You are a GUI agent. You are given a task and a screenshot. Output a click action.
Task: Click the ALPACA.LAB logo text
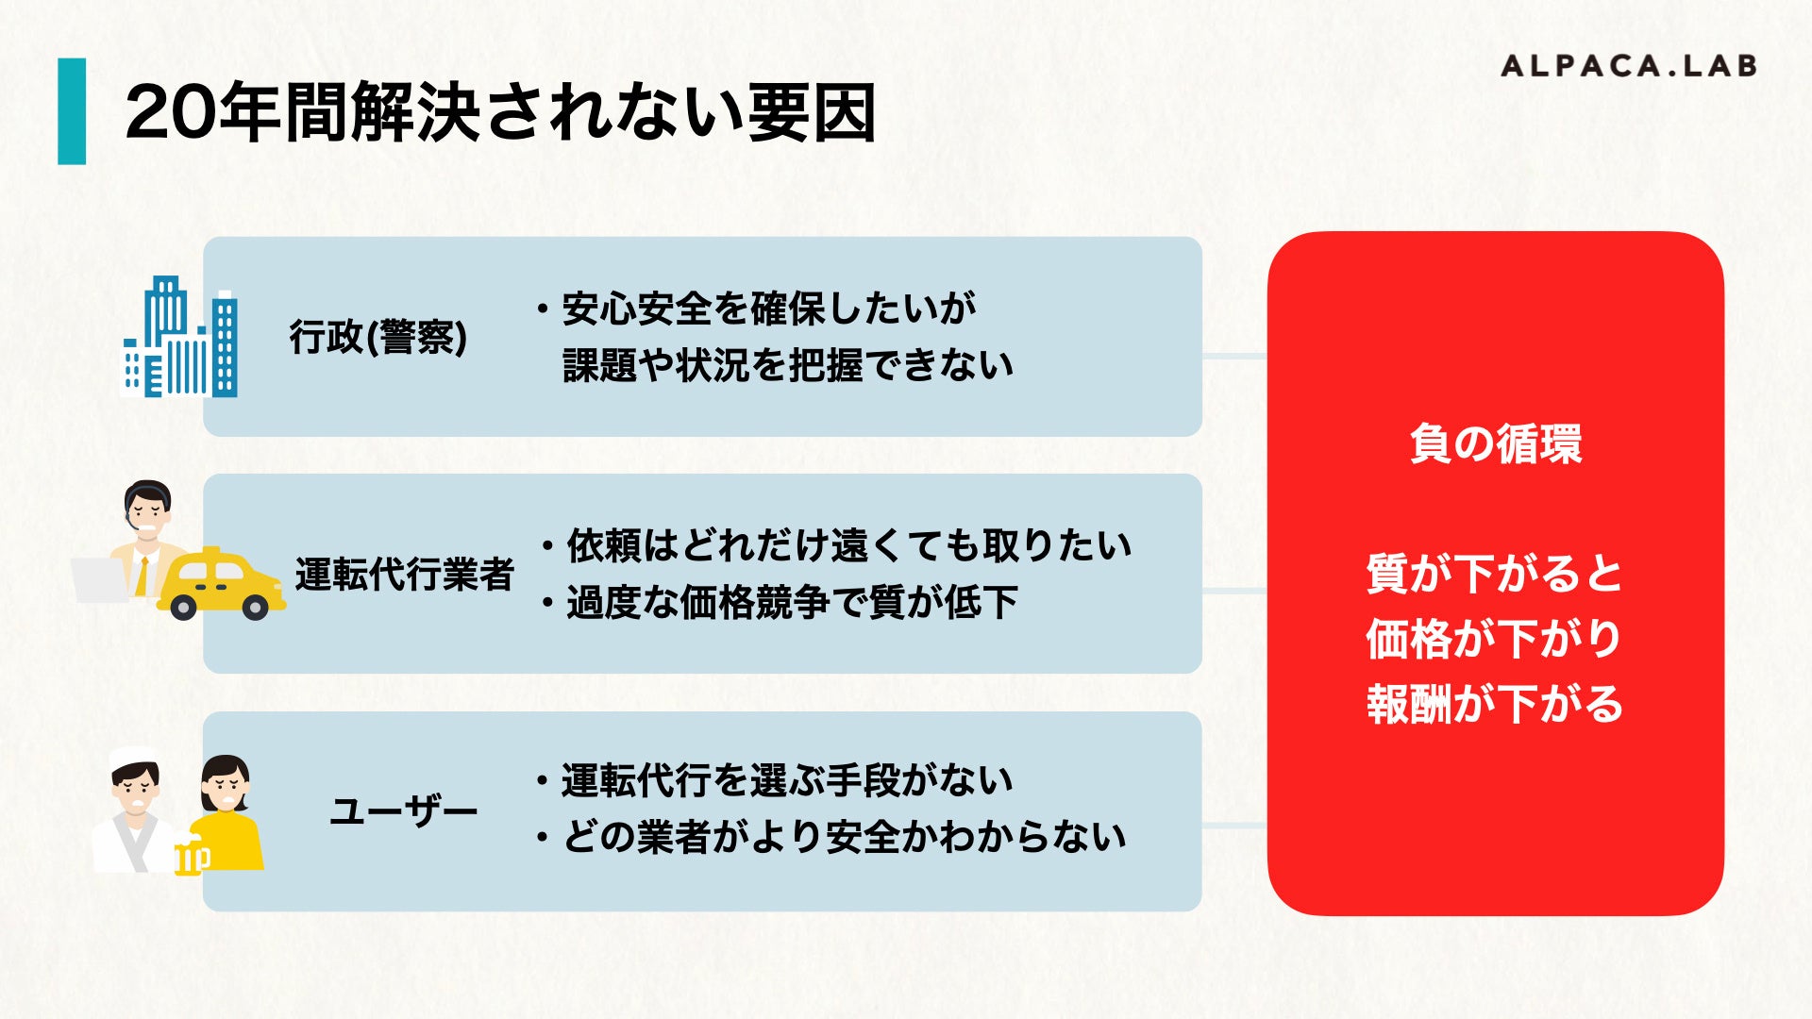pyautogui.click(x=1628, y=66)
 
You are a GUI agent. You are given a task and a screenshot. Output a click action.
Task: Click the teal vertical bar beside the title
pyautogui.click(x=72, y=111)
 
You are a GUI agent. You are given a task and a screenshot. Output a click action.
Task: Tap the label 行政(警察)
pyautogui.click(x=377, y=337)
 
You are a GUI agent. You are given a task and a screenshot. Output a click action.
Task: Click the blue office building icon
pyautogui.click(x=180, y=338)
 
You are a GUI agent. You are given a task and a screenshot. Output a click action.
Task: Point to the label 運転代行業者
pyautogui.click(x=404, y=574)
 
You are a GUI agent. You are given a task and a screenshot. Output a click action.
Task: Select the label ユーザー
pyautogui.click(x=404, y=810)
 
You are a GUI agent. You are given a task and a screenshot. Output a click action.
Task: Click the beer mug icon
pyautogui.click(x=192, y=857)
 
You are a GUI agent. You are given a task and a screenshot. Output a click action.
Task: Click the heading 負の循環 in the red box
pyautogui.click(x=1495, y=443)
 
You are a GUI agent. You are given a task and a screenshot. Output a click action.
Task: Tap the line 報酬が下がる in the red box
pyautogui.click(x=1495, y=704)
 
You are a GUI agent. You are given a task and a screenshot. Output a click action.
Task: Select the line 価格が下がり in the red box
pyautogui.click(x=1495, y=639)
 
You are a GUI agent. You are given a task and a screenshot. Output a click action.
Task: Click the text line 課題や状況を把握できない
pyautogui.click(x=788, y=365)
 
